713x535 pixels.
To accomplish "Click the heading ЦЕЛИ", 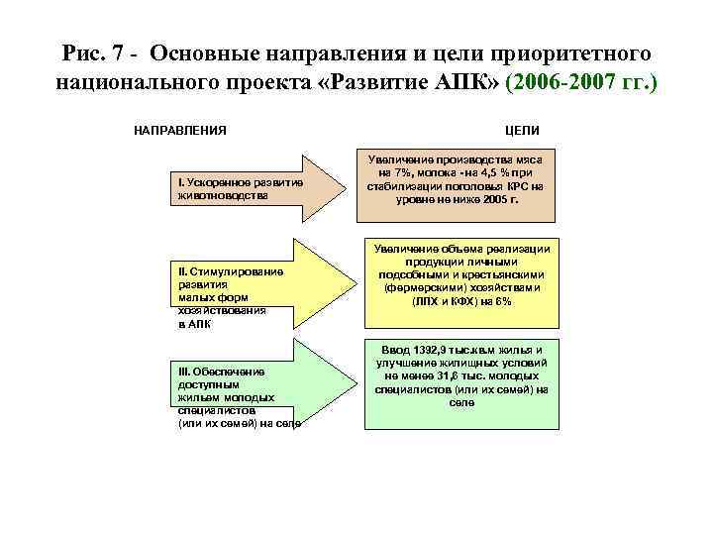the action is [x=522, y=130].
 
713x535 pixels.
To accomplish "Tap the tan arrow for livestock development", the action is [x=248, y=187].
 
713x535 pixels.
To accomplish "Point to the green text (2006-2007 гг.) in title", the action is [x=581, y=81].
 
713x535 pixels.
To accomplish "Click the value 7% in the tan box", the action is [x=403, y=171].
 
